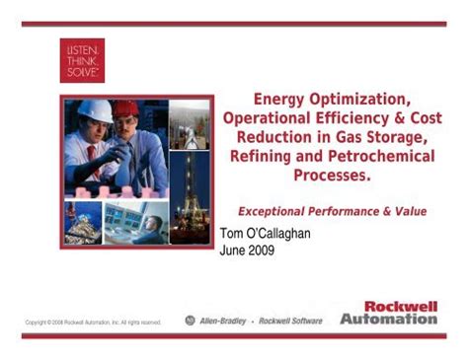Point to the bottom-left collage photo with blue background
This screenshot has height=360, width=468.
[x=82, y=222]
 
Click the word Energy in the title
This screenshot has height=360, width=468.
[x=283, y=99]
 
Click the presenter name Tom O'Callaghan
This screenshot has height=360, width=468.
[x=271, y=234]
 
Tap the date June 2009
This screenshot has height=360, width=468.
[x=246, y=251]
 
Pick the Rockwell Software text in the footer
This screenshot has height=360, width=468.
[x=290, y=321]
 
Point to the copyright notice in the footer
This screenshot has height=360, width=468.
[x=94, y=322]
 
